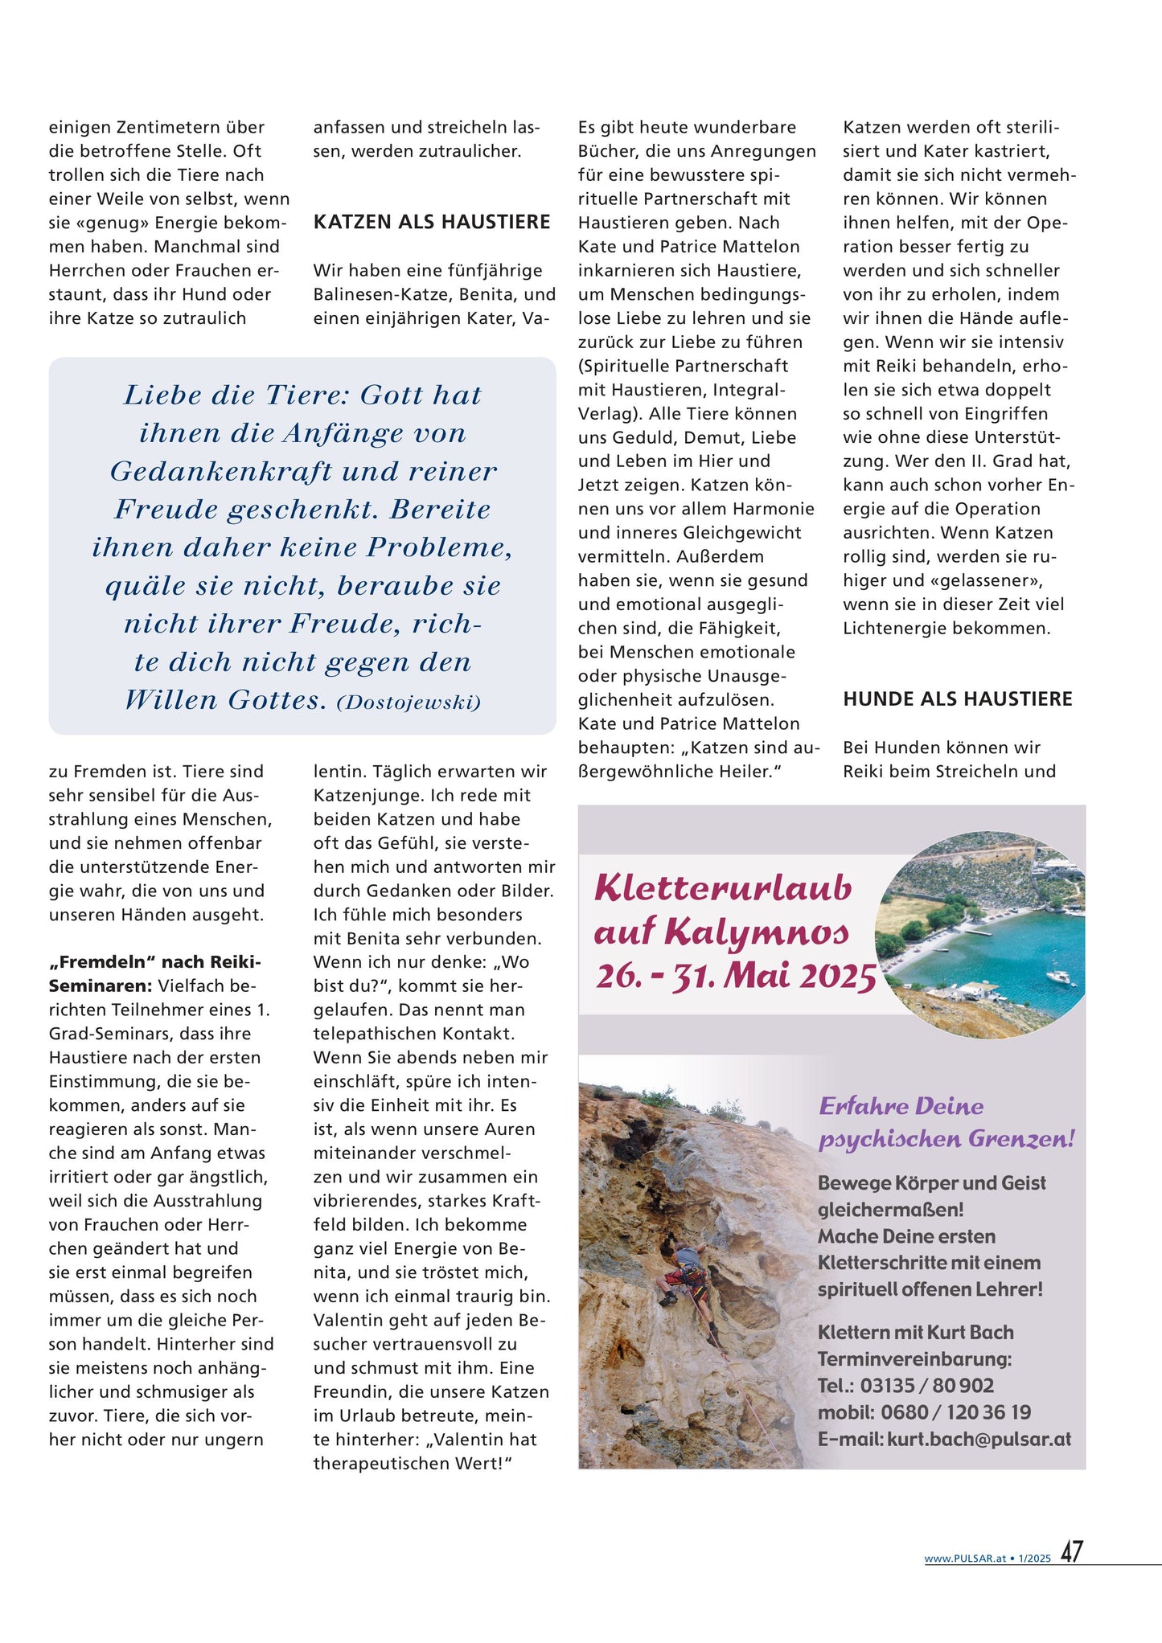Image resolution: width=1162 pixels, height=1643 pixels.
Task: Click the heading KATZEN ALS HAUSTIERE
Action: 432,223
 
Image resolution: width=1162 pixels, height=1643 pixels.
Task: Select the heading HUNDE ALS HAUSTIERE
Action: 957,699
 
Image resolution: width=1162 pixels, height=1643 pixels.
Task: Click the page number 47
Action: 1071,1551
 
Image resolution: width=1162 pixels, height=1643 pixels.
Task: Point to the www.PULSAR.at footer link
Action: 965,1559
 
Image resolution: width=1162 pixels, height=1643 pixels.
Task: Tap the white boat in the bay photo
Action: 1059,977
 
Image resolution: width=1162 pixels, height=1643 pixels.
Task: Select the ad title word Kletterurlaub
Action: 723,888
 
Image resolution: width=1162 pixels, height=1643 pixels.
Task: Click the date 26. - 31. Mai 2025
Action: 736,976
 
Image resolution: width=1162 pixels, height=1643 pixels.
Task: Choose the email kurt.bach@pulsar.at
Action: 979,1440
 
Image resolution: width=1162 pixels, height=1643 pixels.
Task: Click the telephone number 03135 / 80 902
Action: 926,1386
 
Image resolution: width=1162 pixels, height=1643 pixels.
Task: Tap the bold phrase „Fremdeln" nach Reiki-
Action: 155,962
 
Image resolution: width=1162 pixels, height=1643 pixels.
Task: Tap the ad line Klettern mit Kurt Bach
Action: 915,1333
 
